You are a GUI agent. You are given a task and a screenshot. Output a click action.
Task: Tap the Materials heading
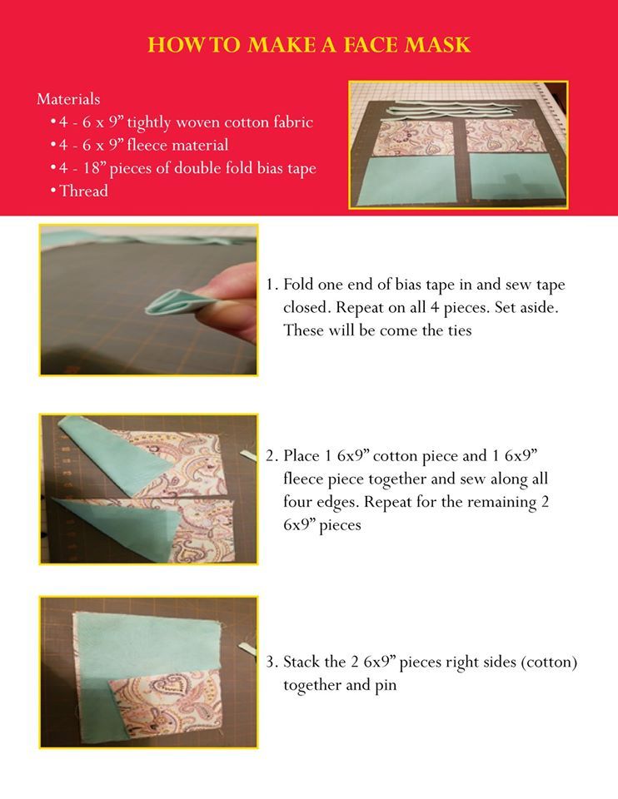pos(68,99)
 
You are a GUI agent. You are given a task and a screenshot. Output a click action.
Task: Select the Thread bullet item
pos(80,191)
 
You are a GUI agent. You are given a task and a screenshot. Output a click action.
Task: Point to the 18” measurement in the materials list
pos(93,167)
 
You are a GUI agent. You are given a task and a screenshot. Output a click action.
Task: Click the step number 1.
pos(272,285)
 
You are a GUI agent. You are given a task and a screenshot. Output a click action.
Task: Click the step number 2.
pos(272,455)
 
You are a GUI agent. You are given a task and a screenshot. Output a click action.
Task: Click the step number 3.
pos(272,662)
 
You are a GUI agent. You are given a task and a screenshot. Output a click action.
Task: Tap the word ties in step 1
pos(460,330)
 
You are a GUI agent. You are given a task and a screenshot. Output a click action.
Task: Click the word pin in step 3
pos(386,686)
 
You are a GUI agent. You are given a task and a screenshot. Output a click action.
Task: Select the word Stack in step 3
pos(300,662)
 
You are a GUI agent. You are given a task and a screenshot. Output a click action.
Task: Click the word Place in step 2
pos(302,455)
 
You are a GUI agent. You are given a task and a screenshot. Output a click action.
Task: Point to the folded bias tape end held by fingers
pos(171,302)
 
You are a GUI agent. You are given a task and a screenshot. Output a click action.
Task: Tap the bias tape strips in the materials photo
pos(451,108)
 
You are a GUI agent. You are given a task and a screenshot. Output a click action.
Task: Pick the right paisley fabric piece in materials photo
pos(506,136)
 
